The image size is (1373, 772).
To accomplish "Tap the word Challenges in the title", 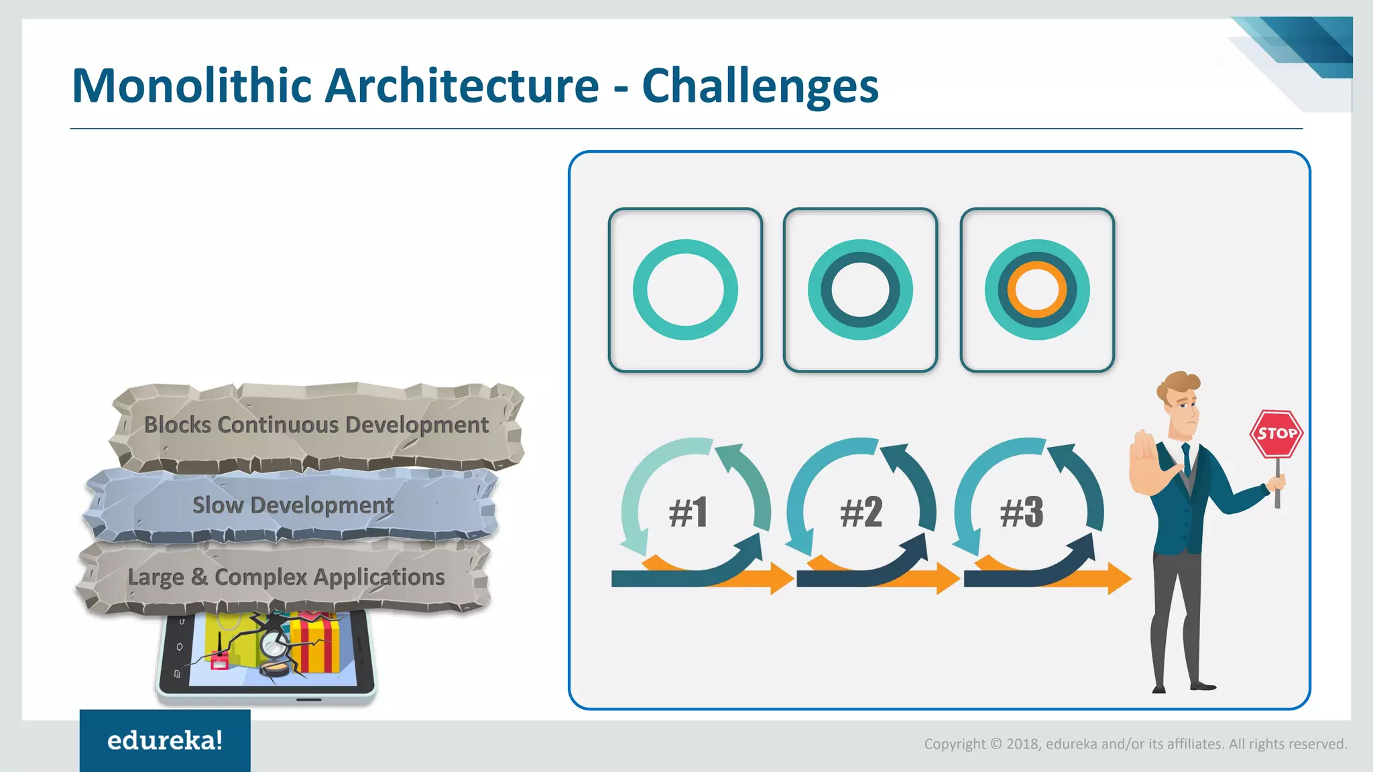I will (760, 86).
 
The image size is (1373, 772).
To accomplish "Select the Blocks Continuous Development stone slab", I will (316, 425).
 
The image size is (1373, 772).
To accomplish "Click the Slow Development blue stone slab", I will (292, 505).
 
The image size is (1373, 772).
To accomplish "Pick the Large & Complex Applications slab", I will (286, 577).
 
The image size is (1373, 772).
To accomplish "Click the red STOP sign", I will (1276, 434).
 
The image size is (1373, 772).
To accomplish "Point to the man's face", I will (1184, 409).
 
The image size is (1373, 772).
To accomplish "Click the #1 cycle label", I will (689, 513).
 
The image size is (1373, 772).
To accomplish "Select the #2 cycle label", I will (861, 513).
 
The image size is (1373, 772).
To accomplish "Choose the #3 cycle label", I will (1022, 513).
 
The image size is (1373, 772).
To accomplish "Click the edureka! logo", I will (165, 741).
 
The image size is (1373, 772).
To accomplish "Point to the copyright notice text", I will (1135, 744).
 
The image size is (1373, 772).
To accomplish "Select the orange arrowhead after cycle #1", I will (781, 578).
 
